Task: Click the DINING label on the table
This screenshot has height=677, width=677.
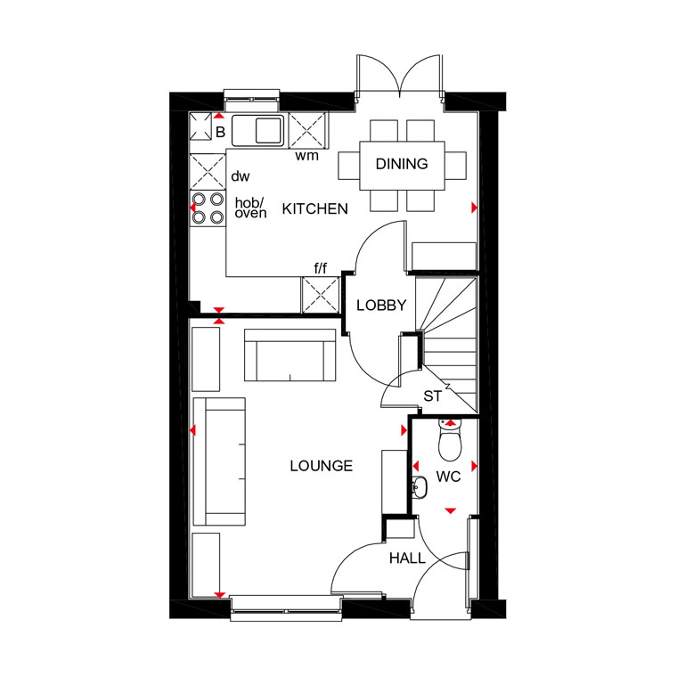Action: coord(402,164)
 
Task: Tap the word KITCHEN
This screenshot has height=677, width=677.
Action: coord(314,209)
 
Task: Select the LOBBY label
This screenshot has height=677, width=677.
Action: coord(381,306)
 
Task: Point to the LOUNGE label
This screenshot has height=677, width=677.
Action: coord(322,466)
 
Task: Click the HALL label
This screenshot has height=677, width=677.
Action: coord(407,559)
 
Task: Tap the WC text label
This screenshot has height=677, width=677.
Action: coord(448,477)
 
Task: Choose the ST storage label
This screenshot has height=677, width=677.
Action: coord(432,396)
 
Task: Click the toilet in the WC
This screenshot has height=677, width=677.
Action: coord(450,439)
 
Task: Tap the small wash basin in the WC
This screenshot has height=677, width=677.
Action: coord(419,487)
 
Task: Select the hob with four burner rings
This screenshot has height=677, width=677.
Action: coord(208,208)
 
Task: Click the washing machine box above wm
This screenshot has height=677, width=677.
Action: coord(308,130)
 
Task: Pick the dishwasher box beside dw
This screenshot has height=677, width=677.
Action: coord(208,171)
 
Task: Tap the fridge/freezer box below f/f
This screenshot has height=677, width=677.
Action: coord(321,295)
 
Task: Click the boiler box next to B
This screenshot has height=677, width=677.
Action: coord(200,126)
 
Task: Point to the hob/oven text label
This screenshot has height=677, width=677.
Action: coord(250,208)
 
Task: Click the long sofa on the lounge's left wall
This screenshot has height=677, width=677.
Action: coord(219,461)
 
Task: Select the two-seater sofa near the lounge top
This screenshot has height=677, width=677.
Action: coord(290,355)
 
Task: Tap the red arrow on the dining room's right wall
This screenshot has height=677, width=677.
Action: coord(474,208)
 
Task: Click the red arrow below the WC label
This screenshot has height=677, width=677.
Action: coord(451,511)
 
